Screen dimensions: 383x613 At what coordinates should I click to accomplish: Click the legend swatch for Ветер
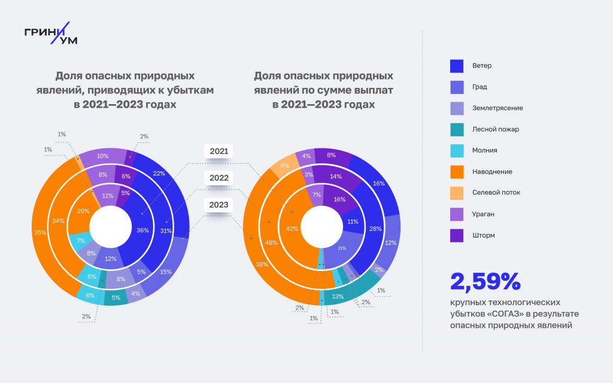click(x=457, y=65)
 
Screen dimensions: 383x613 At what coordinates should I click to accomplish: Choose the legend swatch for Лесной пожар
click(x=457, y=129)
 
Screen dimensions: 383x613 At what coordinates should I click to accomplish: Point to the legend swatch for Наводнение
click(x=457, y=172)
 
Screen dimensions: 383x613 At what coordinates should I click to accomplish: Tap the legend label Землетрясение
click(x=497, y=108)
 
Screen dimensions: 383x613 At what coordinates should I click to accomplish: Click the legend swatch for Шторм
click(x=457, y=235)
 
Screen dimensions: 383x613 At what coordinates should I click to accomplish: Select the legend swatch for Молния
click(x=457, y=150)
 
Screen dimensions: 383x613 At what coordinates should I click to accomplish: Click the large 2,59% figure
click(x=485, y=281)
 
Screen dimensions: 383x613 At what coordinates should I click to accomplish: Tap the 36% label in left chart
click(x=142, y=230)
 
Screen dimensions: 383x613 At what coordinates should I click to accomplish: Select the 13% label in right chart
click(x=338, y=296)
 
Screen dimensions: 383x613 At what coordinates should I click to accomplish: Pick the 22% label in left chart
click(x=159, y=174)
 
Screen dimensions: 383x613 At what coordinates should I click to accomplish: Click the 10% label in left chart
click(x=103, y=156)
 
